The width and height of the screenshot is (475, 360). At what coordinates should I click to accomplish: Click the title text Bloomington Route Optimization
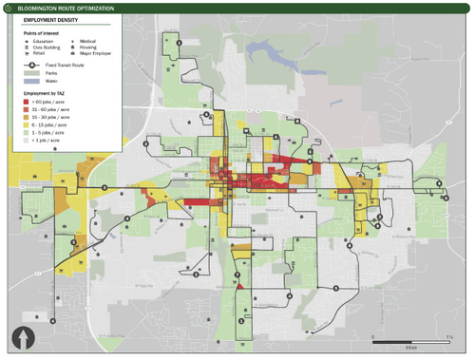(65, 8)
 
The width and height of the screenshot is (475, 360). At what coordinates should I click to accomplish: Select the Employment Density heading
(47, 19)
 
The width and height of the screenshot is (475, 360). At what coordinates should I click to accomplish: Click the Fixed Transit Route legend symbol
(32, 65)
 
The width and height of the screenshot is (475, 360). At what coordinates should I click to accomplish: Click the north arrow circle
(21, 338)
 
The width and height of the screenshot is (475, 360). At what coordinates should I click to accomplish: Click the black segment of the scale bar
(390, 339)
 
